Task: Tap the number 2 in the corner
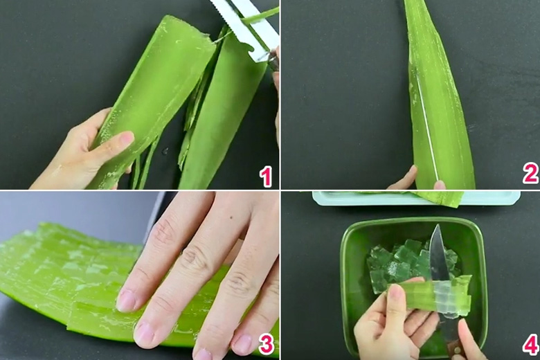[530, 173]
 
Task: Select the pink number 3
[266, 343]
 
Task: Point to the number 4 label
[530, 344]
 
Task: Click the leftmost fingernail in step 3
[126, 300]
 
